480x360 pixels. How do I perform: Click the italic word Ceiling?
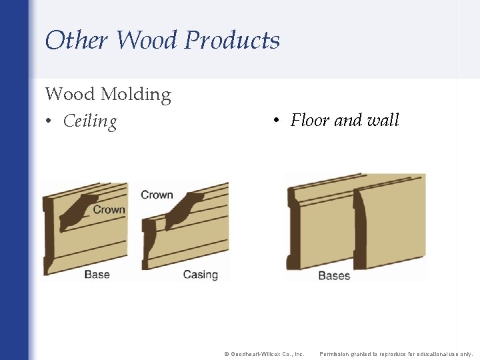click(90, 121)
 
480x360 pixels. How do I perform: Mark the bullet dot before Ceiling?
click(49, 122)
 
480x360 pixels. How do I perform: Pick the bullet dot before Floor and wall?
click(275, 121)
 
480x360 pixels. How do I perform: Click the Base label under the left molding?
click(97, 274)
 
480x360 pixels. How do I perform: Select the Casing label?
click(200, 274)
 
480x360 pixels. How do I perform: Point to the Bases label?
click(334, 275)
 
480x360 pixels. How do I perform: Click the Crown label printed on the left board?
click(109, 209)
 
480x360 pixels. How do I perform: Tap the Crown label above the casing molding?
click(157, 195)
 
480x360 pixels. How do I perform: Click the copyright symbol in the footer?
click(226, 354)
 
